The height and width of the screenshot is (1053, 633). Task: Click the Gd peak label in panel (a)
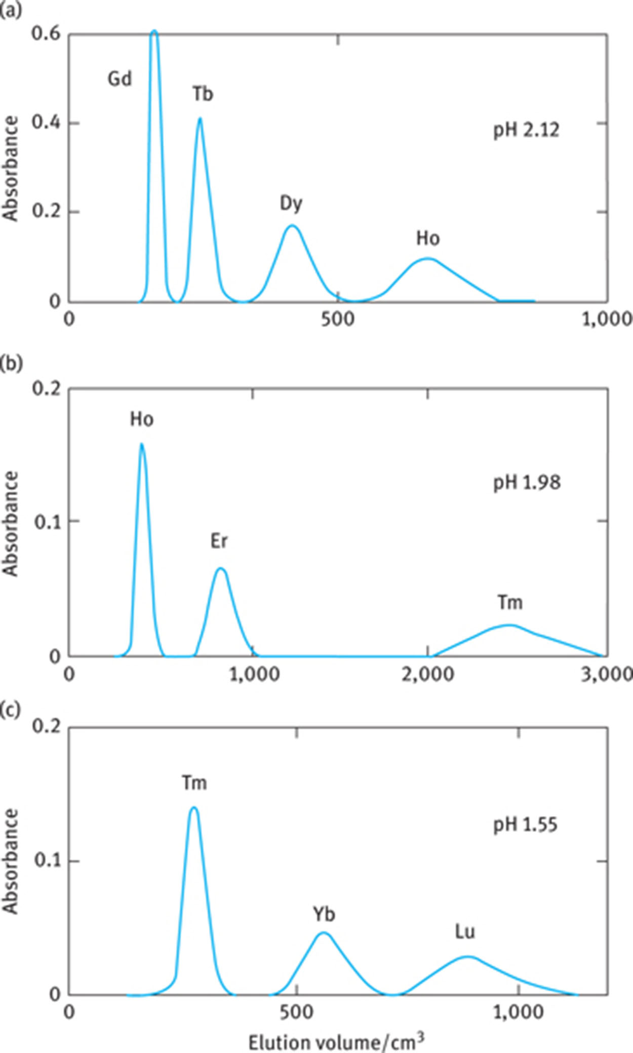120,79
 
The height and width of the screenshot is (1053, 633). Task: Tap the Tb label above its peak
203,94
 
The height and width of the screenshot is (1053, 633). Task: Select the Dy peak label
291,204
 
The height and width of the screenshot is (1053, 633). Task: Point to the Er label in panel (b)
219,541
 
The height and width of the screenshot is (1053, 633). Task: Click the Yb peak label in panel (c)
324,915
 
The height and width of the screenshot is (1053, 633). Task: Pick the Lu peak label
465,932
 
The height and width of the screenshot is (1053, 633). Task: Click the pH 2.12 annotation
527,131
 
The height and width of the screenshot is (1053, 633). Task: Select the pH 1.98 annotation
527,483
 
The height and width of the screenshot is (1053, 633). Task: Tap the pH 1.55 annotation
525,825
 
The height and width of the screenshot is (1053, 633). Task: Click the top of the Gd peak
154,31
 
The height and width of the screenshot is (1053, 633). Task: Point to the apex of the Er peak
220,568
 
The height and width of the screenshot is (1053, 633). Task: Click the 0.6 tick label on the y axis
46,34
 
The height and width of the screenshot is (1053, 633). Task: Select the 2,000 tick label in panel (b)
428,675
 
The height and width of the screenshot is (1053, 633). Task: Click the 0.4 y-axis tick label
46,123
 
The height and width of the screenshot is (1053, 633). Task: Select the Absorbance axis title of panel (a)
11,169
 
